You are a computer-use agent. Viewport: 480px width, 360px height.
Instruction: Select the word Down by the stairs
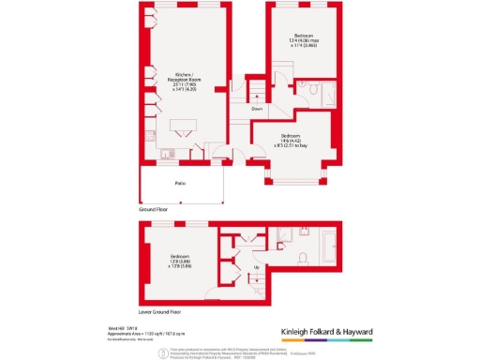coord(257,109)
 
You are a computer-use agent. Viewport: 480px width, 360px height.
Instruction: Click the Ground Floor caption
coord(154,211)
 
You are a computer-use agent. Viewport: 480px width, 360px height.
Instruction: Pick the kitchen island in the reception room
coord(183,127)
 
